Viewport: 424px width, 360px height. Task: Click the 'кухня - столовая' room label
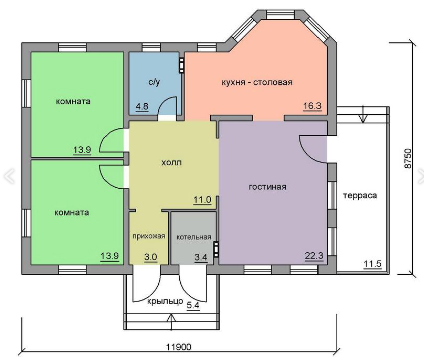tap(257, 82)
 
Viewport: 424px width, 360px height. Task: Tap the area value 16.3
tap(312, 106)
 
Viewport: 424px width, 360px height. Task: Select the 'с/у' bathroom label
tap(154, 82)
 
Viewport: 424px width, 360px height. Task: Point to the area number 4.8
tap(142, 106)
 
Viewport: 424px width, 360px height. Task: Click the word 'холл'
tap(171, 163)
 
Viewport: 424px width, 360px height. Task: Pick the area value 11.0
tap(202, 200)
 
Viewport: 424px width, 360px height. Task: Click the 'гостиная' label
tap(267, 187)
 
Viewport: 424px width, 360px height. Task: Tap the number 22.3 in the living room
tap(314, 255)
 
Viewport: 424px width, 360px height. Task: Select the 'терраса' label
tap(360, 195)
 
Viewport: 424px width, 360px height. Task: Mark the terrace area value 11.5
tap(372, 263)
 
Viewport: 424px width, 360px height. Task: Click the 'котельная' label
tap(194, 237)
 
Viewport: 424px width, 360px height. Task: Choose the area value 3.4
tap(201, 257)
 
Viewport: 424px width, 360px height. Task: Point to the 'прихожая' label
tap(149, 236)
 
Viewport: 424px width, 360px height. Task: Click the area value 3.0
tap(150, 257)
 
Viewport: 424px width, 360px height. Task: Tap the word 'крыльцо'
tap(165, 301)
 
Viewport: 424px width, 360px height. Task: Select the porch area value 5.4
tap(193, 305)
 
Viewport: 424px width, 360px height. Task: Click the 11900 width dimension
tap(179, 347)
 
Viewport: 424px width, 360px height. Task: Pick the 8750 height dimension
tap(408, 158)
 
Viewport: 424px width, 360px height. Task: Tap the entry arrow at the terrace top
tap(363, 114)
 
